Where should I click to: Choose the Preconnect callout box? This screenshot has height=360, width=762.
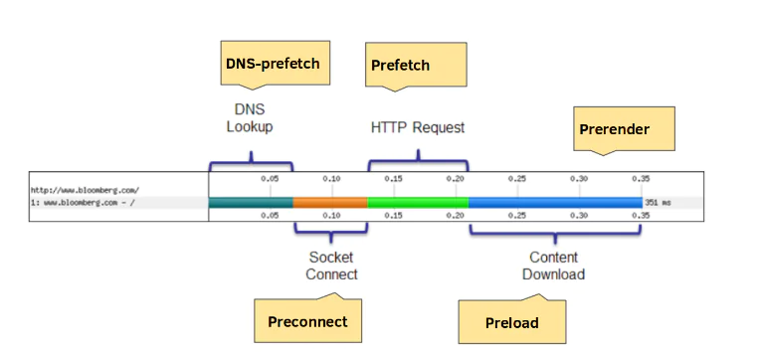point(307,321)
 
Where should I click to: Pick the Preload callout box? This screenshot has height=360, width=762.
point(511,322)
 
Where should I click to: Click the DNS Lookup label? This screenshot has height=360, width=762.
point(249,118)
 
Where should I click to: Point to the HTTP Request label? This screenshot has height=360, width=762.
point(418,127)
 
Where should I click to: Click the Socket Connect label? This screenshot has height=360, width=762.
point(331,266)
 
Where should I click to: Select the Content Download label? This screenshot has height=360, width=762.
point(554,266)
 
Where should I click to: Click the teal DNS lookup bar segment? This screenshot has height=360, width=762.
point(251,202)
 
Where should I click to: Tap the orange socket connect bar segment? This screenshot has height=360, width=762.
point(330,202)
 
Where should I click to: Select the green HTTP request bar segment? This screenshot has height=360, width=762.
point(418,202)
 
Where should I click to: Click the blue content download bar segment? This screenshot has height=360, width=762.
point(555,202)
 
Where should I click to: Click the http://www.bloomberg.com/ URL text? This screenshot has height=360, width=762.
point(85,189)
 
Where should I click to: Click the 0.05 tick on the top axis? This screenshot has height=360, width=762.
point(270,179)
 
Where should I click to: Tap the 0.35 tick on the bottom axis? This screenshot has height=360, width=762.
point(641,214)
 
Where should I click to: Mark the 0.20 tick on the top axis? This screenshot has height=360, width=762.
point(456,179)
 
